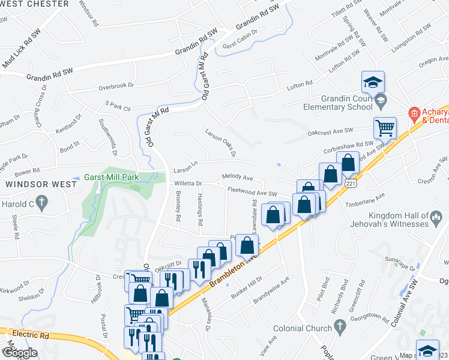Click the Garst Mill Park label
tap(120, 177)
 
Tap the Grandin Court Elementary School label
tap(338, 103)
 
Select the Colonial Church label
tap(302, 328)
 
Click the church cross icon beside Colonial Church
tap(340, 328)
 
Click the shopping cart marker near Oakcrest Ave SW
tap(384, 127)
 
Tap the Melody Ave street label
tap(237, 178)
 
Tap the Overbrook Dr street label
tap(116, 87)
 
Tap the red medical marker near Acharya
tap(413, 113)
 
